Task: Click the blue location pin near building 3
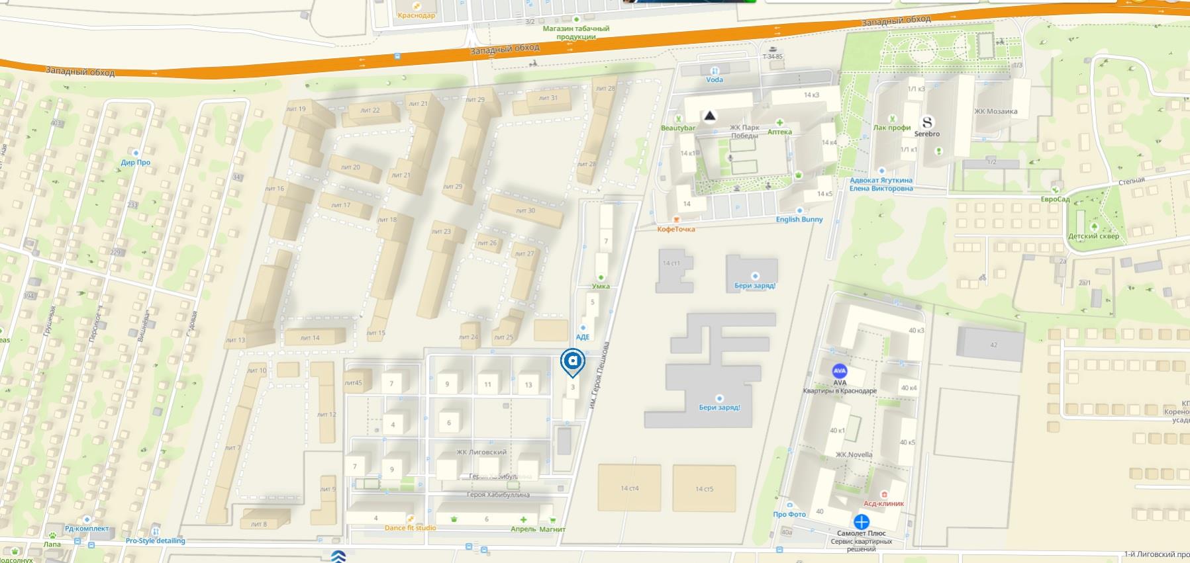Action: point(572,362)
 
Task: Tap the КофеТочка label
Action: point(676,229)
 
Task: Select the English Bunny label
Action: point(799,219)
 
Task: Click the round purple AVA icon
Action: point(840,371)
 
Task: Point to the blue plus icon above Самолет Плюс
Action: point(861,521)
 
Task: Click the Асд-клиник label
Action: point(884,503)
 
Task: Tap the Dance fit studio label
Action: point(410,528)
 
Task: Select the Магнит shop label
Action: point(552,529)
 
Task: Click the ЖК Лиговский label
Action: point(481,453)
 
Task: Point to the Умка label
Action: point(601,286)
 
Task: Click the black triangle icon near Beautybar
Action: point(709,116)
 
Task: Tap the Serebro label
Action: point(926,134)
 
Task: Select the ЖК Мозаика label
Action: point(995,111)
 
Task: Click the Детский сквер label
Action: point(1093,236)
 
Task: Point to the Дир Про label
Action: point(136,162)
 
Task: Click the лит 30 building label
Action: point(525,210)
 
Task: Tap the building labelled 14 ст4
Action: point(630,488)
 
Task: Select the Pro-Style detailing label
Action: point(156,541)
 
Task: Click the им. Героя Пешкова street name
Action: point(599,374)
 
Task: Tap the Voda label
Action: point(715,79)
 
